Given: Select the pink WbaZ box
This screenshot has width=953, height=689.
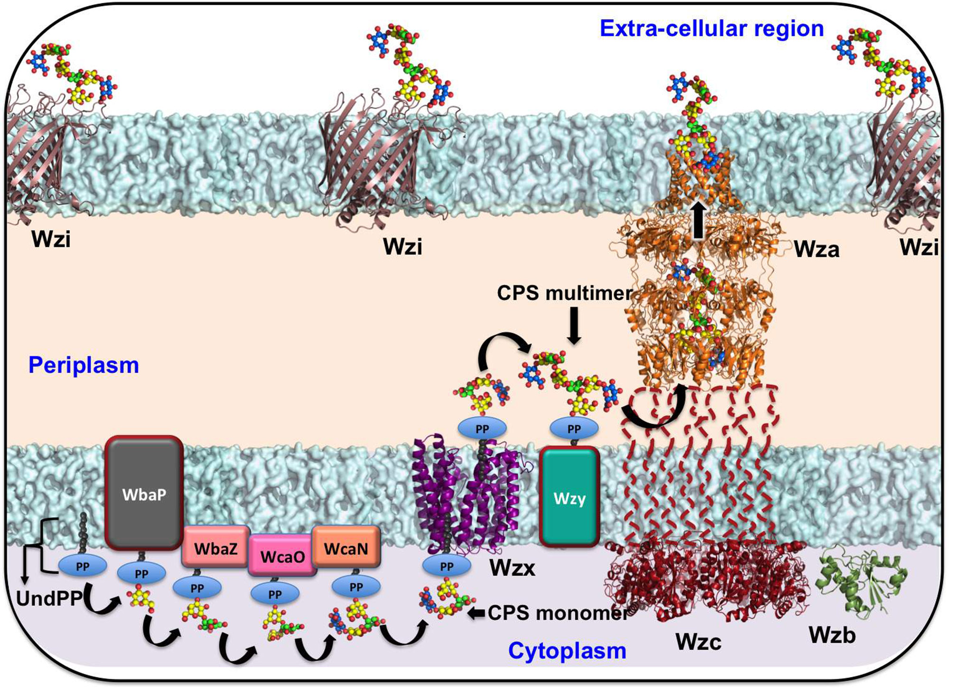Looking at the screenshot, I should click(x=215, y=548).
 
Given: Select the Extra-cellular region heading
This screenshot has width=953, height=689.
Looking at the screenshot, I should click(x=711, y=28).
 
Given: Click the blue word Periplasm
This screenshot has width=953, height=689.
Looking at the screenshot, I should click(x=84, y=365).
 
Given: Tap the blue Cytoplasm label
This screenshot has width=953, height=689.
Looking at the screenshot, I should click(x=567, y=651).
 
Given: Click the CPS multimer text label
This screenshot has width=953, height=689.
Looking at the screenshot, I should click(x=565, y=293).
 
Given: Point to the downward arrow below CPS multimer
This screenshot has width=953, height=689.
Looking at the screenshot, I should click(x=574, y=326).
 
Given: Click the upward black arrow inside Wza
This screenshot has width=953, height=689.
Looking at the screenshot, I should click(x=698, y=220).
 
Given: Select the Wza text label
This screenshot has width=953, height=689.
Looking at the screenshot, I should click(x=816, y=249).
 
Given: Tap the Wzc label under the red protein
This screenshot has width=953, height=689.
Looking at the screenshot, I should click(x=698, y=642).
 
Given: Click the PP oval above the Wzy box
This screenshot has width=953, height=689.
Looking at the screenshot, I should click(x=574, y=429).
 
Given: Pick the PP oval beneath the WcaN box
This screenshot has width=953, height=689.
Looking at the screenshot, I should click(x=356, y=587).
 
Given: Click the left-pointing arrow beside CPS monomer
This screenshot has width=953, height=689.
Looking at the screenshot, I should click(x=476, y=613).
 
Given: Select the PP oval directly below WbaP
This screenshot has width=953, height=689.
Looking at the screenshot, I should click(x=141, y=574).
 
